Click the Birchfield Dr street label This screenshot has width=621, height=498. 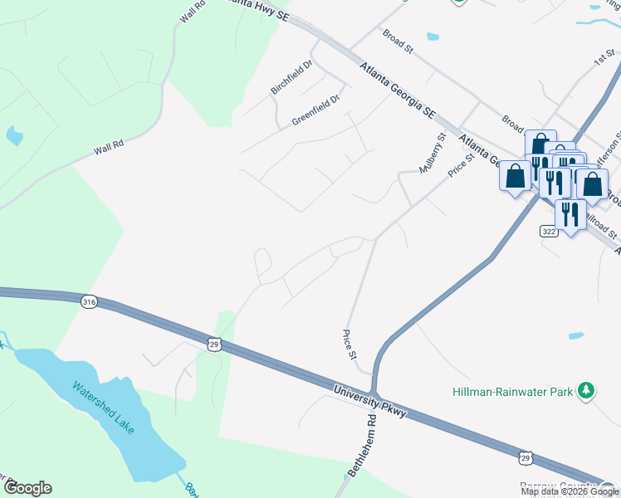click(x=291, y=77)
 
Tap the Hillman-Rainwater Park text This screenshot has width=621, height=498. click(x=514, y=390)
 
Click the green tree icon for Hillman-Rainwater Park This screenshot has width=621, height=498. click(x=587, y=389)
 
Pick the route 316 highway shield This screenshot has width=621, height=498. click(x=89, y=302)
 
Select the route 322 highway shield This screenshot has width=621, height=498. click(x=548, y=229)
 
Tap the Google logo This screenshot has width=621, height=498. click(x=27, y=487)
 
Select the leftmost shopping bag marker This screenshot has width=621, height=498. click(x=515, y=176)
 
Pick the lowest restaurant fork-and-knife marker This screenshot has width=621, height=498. click(x=570, y=214)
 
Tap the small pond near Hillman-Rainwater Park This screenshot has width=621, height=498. click(x=576, y=336)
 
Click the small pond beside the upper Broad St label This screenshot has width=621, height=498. click(x=433, y=37)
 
